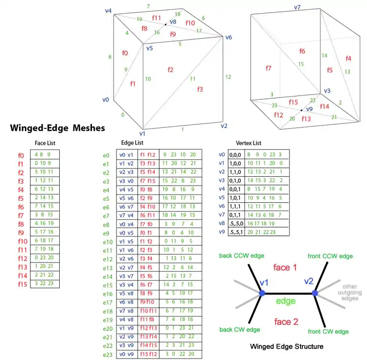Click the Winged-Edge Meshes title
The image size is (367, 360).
point(58,128)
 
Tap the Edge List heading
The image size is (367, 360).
point(132,143)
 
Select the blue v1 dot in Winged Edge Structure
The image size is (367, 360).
point(262,293)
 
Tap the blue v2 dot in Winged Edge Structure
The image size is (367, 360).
point(315,293)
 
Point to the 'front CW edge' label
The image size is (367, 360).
point(328,332)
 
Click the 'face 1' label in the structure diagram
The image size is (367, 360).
point(286,268)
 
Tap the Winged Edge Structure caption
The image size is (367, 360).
point(286,346)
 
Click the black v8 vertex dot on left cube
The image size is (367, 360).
point(165,24)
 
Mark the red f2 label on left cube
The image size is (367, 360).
point(170,70)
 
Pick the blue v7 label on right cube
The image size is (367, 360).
point(297,7)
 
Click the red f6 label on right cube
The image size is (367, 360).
point(302,51)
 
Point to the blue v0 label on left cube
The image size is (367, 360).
point(105,99)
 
